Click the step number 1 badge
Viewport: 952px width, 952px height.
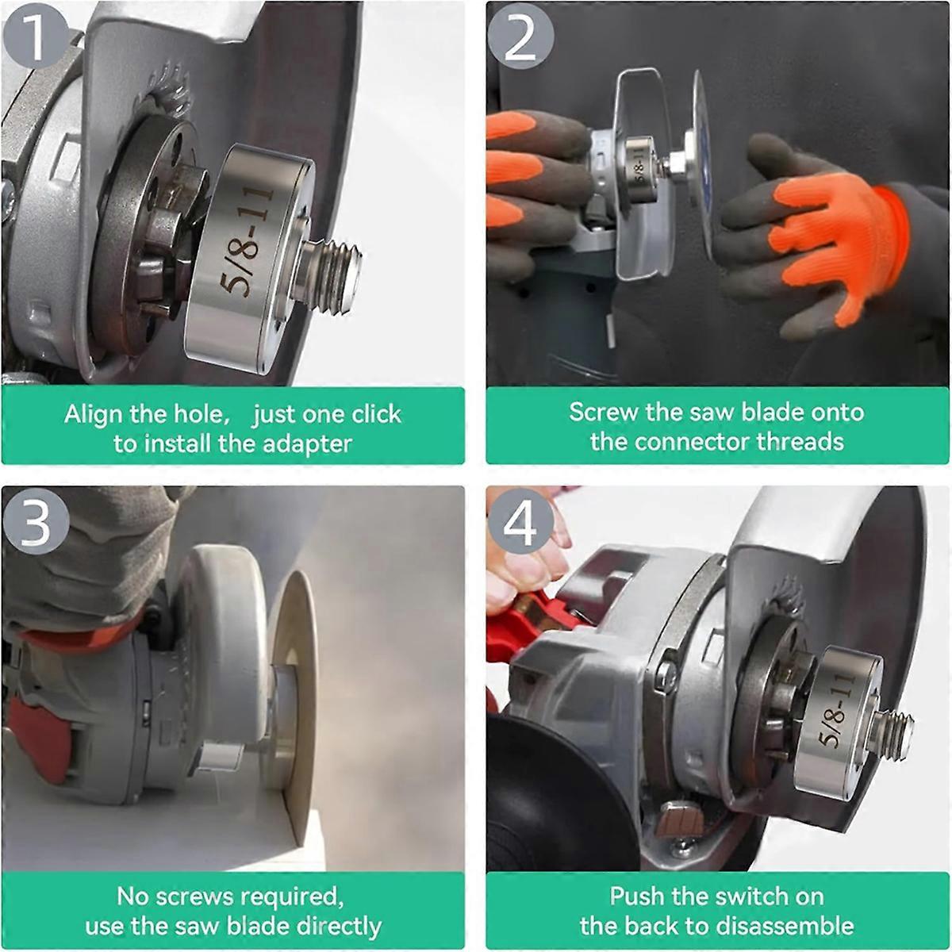tap(33, 36)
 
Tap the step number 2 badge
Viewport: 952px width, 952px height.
tap(520, 36)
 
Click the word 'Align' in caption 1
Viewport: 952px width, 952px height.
tap(92, 414)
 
